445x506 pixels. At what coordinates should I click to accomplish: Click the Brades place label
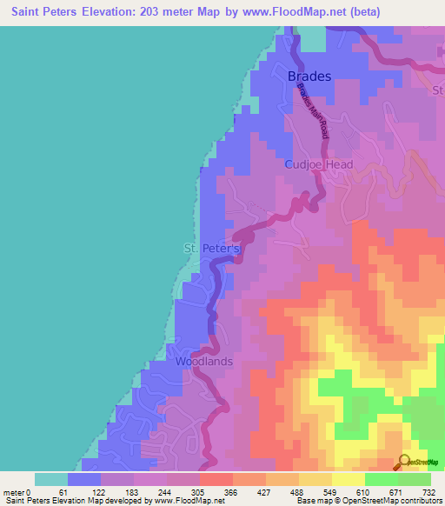[x=309, y=77]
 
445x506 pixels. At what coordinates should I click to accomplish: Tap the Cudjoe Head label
[x=315, y=164]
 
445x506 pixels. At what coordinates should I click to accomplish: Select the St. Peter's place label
[x=211, y=249]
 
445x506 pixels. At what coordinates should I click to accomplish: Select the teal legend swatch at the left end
[x=51, y=479]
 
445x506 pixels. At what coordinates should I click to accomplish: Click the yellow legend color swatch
[x=349, y=479]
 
